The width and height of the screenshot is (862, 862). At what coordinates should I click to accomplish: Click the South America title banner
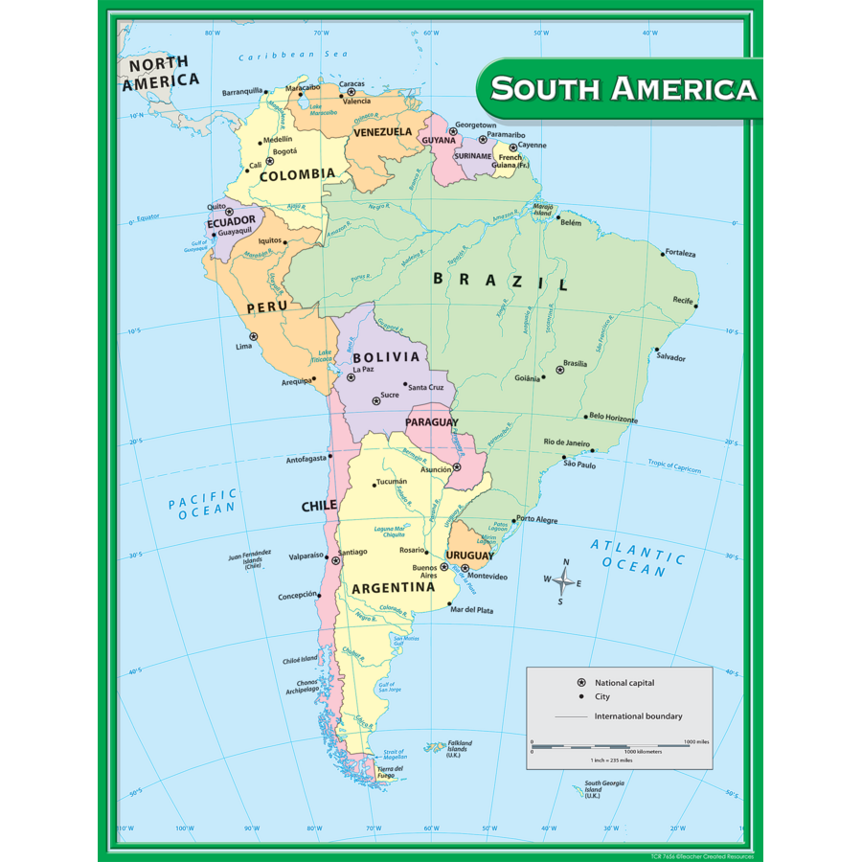623,89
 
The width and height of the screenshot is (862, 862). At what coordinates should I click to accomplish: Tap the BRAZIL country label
500,281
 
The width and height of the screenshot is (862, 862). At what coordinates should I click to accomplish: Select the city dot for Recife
696,306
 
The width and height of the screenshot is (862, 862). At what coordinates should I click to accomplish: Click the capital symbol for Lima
254,336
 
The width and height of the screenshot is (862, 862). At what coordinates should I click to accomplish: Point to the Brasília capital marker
560,370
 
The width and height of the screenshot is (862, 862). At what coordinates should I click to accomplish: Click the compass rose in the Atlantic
565,580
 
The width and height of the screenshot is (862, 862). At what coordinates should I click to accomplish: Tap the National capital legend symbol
581,682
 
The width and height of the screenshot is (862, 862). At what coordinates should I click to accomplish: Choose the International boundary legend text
638,716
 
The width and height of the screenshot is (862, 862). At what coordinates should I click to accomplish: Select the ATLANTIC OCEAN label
637,558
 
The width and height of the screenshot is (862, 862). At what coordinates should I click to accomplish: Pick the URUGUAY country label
469,556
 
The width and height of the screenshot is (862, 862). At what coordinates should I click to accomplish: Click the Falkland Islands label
459,748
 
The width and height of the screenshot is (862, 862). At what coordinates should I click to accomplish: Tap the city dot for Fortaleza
662,254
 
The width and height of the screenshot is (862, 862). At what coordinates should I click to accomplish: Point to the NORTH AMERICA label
159,73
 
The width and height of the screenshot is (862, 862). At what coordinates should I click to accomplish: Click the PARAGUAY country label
431,422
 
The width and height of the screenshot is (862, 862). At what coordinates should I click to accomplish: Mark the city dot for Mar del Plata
449,603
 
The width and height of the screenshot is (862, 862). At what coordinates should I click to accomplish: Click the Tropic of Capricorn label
673,467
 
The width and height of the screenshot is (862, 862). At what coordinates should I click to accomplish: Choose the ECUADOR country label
231,221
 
